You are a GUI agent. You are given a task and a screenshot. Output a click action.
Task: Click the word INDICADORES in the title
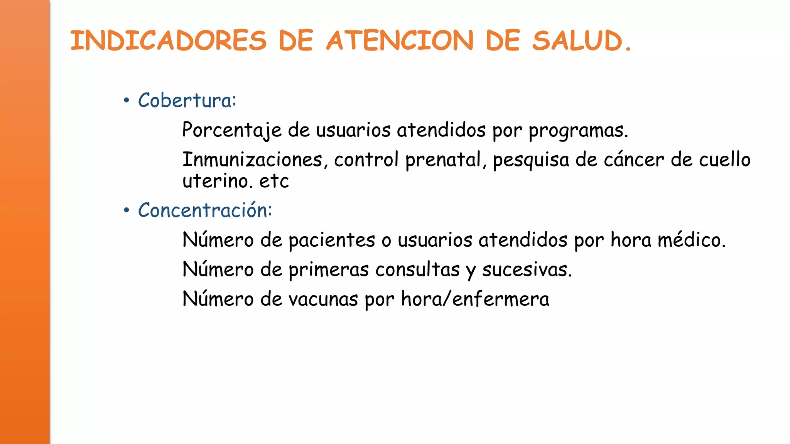tap(168, 40)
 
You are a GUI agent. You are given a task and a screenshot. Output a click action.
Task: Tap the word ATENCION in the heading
tap(400, 40)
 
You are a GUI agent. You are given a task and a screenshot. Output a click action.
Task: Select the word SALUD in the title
tap(577, 40)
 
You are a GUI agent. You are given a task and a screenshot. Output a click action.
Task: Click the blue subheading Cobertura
tap(187, 100)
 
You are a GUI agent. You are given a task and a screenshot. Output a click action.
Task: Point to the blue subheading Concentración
tap(205, 210)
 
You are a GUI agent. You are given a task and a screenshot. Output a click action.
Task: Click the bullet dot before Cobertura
tap(126, 101)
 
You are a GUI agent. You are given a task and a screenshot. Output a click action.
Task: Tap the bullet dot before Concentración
tap(126, 211)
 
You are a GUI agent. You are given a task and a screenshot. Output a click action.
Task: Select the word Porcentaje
tap(232, 130)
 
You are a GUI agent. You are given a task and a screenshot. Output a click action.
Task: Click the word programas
tap(578, 131)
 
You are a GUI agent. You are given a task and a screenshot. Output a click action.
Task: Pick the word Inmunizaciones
tap(252, 160)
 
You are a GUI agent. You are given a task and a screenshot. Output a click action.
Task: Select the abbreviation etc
tap(274, 181)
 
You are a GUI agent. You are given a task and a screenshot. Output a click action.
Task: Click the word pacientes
tap(332, 240)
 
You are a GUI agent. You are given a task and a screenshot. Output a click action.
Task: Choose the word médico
tap(691, 240)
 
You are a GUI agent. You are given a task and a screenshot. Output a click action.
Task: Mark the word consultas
tap(417, 269)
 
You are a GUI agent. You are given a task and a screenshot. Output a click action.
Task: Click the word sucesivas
tap(527, 269)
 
